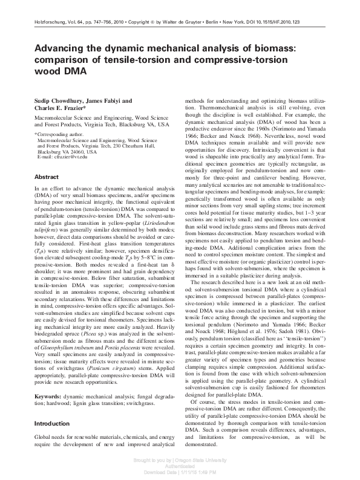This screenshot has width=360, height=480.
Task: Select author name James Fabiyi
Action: (116, 101)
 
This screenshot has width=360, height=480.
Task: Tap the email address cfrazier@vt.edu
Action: (70, 157)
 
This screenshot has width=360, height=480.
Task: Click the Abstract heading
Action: (47, 177)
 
